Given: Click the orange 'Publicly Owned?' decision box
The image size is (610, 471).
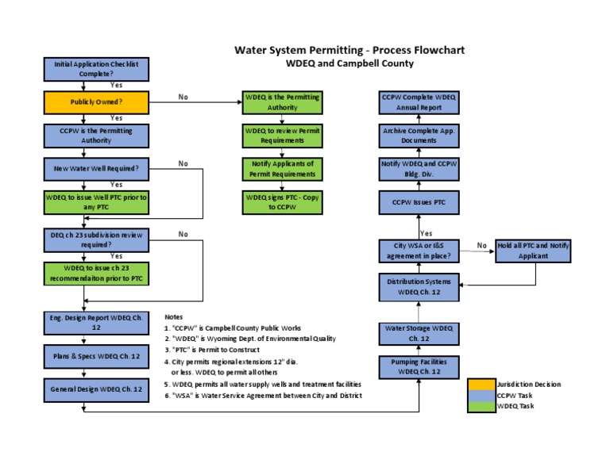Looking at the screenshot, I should coord(95,102).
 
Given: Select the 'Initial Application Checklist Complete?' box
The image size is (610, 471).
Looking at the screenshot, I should coord(95,68).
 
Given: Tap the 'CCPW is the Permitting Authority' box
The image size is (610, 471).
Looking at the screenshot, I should coord(95,136).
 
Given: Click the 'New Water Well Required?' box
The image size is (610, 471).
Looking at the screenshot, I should coord(95,168).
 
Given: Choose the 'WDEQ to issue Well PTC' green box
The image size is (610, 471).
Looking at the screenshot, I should coord(95,201).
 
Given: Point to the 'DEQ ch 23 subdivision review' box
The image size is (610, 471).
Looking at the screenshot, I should coord(95,239).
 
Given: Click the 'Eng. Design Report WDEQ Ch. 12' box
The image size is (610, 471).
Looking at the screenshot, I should coord(95,322).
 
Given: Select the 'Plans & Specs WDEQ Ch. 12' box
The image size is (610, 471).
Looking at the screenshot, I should coord(95,356).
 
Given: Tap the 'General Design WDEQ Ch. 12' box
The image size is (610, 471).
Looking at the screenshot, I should coord(95,389).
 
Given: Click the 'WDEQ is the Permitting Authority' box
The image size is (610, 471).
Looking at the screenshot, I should coord(283,102).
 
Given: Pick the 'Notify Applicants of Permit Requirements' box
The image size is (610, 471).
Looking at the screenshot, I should coord(283,168).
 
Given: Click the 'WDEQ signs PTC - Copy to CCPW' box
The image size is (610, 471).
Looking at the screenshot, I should coord(283,202).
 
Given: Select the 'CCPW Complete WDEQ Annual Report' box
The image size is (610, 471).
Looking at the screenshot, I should coord(419,102).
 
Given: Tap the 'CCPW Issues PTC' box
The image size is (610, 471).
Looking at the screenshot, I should coord(419,202).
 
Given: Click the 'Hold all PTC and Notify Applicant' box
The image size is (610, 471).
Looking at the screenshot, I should coord(533,251).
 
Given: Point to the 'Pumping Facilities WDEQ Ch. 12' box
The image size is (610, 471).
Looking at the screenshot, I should coord(419,366).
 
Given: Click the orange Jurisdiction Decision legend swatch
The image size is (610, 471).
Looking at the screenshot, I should coord(481,384).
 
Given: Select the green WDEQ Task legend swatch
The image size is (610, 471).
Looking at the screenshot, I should coord(481,406).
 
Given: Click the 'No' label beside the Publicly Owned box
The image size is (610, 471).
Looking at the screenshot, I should coord(183,97).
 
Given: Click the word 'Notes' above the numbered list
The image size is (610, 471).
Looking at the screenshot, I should coord(173,316).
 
